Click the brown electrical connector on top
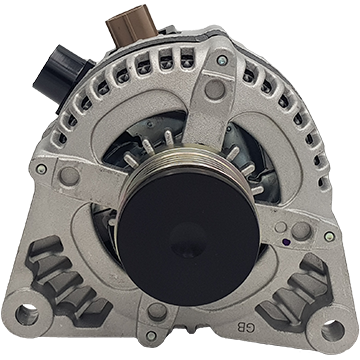click(x=131, y=25)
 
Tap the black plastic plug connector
click(x=62, y=77)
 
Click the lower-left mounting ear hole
click(x=27, y=315)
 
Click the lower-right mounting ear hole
click(x=333, y=330)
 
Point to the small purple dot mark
click(x=284, y=240)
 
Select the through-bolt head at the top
click(x=222, y=60)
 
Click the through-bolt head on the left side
click(x=41, y=169)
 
